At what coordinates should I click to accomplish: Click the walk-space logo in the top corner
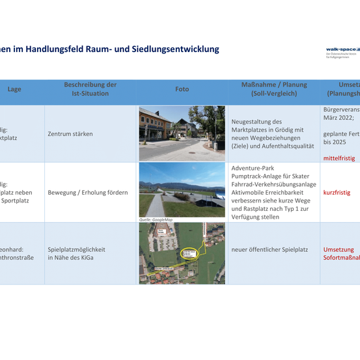pyautogui.click(x=342, y=49)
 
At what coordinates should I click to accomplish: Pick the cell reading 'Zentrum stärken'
pyautogui.click(x=70, y=134)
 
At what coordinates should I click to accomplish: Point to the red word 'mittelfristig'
pyautogui.click(x=340, y=158)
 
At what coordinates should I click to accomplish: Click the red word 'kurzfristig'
pyautogui.click(x=337, y=193)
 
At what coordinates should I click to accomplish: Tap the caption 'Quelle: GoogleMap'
pyautogui.click(x=156, y=220)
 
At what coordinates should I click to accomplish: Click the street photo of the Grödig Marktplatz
pyautogui.click(x=182, y=133)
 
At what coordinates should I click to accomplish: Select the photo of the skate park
pyautogui.click(x=182, y=189)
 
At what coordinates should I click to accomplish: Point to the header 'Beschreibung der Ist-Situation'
pyautogui.click(x=90, y=89)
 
